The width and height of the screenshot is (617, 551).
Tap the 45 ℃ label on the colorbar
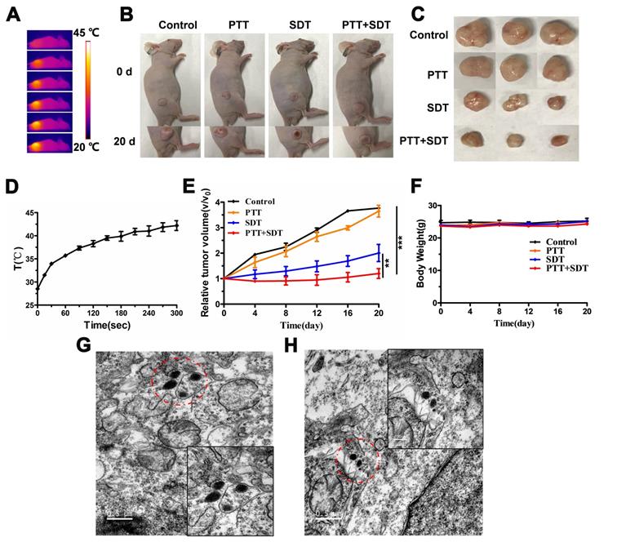107,34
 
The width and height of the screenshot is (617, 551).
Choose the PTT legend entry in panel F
553,250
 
